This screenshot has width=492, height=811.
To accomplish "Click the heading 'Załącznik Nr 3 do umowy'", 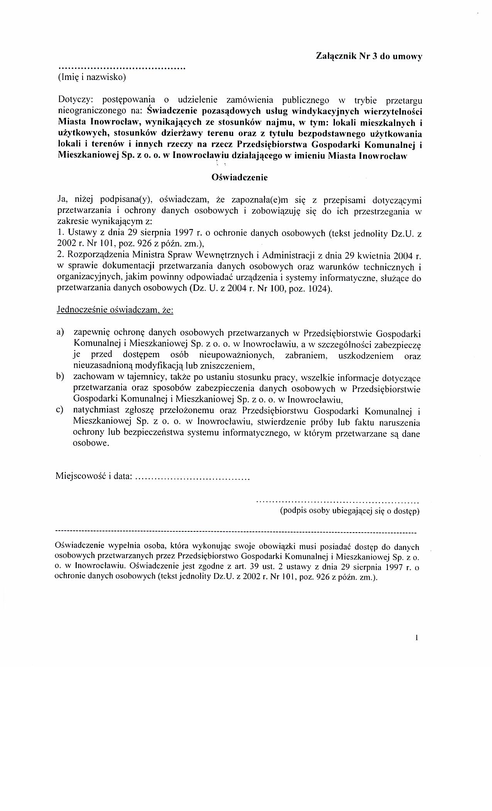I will point(369,56).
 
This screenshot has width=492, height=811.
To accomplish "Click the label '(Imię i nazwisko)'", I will point(92,77).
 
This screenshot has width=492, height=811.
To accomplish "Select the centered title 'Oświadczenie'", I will point(239,178).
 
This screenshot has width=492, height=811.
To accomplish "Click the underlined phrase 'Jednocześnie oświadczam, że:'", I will point(115,310).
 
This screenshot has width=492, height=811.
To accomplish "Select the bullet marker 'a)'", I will point(60,332).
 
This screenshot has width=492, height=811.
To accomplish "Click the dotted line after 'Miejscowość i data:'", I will point(193,478).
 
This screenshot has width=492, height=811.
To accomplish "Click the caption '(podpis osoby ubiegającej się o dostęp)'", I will point(350,511).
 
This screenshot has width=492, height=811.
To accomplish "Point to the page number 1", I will point(417,638).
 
